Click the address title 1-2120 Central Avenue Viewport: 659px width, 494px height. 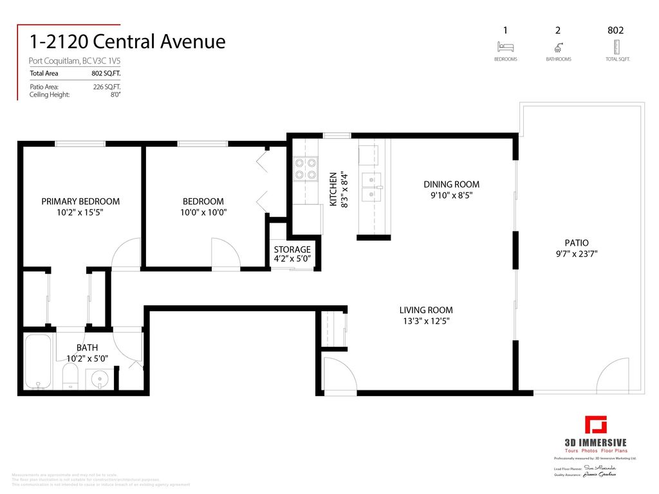tap(127, 42)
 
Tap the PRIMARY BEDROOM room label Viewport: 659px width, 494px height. tap(80, 201)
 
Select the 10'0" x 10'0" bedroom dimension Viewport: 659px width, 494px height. tap(203, 212)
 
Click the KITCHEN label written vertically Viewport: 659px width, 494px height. tap(333, 189)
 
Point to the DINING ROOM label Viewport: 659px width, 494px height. tap(451, 185)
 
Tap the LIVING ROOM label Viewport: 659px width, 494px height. tap(425, 309)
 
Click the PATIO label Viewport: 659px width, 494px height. tap(576, 242)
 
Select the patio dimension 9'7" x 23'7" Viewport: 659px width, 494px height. tap(576, 253)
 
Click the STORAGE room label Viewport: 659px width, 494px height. tap(292, 250)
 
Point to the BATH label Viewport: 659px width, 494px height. tap(87, 347)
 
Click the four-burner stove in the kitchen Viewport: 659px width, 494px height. tap(306, 169)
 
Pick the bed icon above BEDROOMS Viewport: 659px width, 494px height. tap(505, 47)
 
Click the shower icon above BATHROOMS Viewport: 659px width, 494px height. tap(559, 47)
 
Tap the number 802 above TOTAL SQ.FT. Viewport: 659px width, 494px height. tap(615, 30)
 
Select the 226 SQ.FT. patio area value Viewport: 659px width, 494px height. tap(107, 87)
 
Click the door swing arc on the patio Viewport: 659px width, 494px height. tap(611, 376)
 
